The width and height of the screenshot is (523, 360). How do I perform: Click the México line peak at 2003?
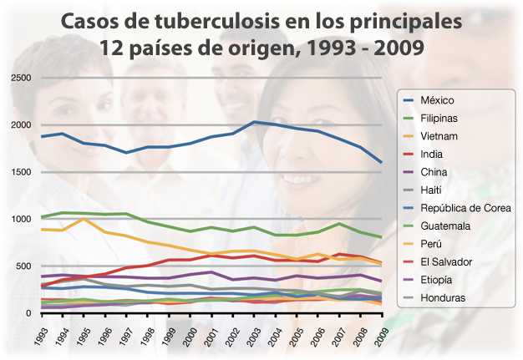point(254,122)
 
